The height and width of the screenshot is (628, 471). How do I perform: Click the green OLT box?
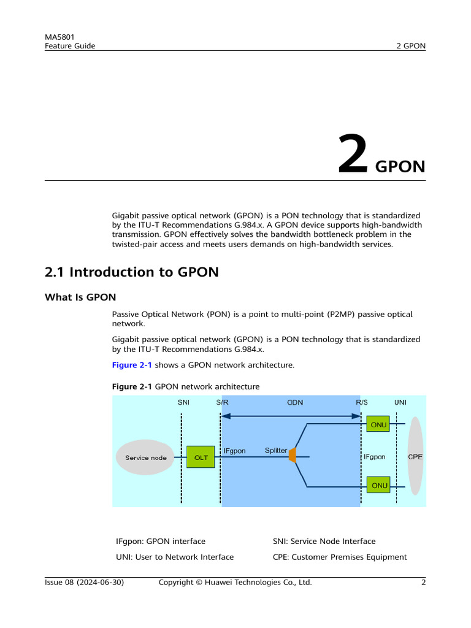(x=201, y=457)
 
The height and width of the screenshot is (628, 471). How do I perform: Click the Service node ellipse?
(x=146, y=458)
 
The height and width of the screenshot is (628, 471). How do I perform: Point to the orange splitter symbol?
(x=293, y=455)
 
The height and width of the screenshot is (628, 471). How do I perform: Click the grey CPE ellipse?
(x=416, y=456)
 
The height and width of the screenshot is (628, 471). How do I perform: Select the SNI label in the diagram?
(x=183, y=402)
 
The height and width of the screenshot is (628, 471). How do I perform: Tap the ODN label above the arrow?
(x=295, y=402)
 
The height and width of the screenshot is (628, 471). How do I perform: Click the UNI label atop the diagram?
(x=400, y=402)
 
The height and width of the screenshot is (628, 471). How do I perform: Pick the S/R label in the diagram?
(x=222, y=402)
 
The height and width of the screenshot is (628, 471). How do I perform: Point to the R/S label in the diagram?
(x=362, y=402)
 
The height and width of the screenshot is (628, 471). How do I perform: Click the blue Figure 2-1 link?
(x=132, y=365)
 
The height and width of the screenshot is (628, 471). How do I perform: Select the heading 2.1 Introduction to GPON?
(x=132, y=272)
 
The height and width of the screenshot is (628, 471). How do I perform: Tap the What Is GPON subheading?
(x=80, y=298)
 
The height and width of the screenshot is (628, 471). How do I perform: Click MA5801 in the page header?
(x=59, y=37)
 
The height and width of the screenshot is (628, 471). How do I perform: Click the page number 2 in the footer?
(x=423, y=582)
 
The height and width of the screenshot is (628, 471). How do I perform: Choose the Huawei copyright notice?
(x=235, y=582)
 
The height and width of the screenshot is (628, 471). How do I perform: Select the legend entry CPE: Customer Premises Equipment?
(x=340, y=557)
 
